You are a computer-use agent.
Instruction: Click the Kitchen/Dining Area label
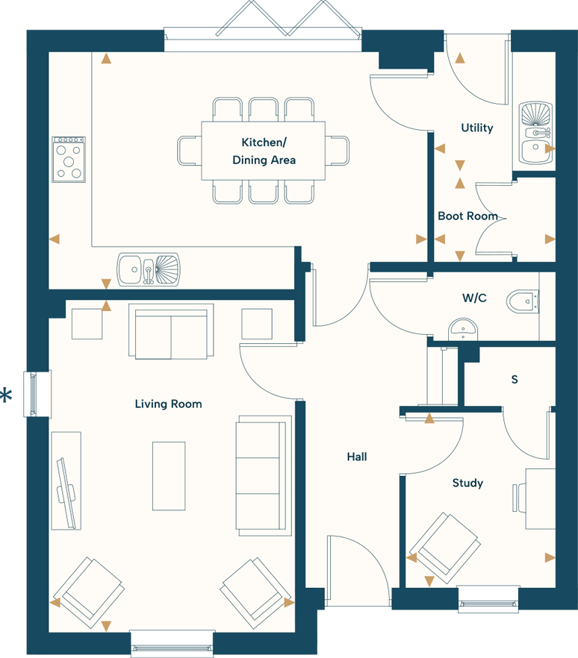point(264,151)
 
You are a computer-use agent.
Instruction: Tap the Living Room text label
point(168,404)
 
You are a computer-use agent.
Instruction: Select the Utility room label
point(476,128)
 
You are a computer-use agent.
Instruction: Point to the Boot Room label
point(467,216)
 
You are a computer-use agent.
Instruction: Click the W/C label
point(474,298)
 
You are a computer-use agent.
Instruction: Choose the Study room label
point(467,483)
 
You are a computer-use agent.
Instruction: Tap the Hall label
point(357,457)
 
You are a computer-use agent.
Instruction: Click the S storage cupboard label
point(514,380)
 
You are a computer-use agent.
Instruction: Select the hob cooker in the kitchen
point(68,159)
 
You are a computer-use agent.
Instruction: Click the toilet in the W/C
point(524,302)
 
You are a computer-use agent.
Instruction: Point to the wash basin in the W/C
point(464,328)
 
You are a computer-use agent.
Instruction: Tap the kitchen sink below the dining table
point(149,269)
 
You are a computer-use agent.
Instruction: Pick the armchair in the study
point(445,548)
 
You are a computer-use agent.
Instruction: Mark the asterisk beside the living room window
point(6,395)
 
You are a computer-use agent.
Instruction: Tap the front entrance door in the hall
point(357,571)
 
